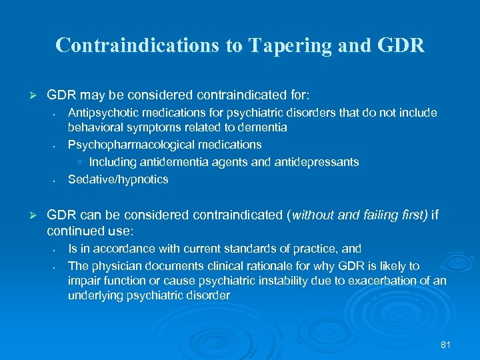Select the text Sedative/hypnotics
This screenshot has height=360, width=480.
[118, 179]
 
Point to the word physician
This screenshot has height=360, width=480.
[111, 266]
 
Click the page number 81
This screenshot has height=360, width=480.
[446, 345]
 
